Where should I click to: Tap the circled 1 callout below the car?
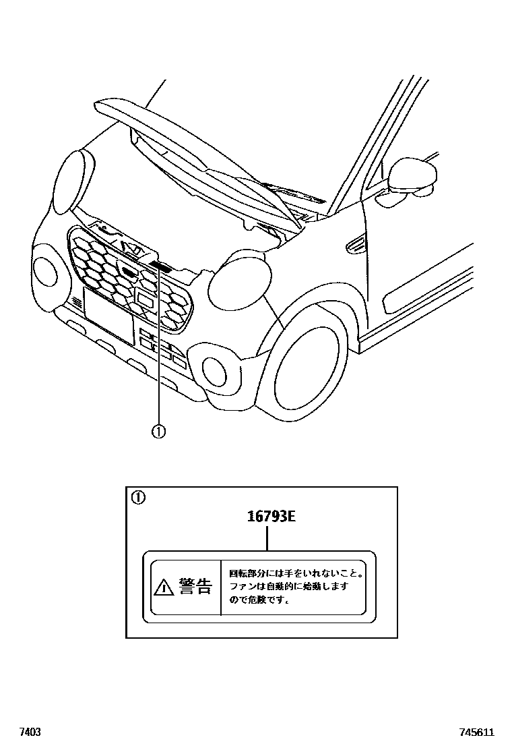[x=158, y=430]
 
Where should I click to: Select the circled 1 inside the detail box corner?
[x=137, y=498]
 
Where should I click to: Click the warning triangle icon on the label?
[x=162, y=588]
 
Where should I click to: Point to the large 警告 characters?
[x=195, y=587]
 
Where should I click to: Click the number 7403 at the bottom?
[x=30, y=732]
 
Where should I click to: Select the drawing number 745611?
[x=477, y=732]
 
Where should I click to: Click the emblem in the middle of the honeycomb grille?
[x=128, y=272]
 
